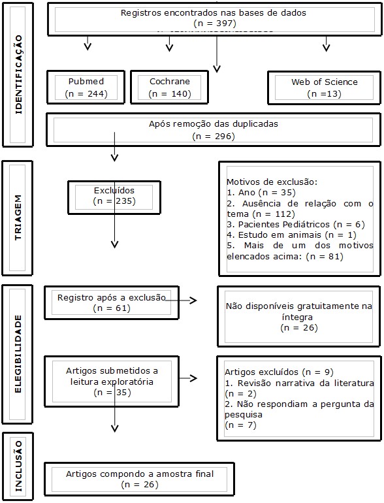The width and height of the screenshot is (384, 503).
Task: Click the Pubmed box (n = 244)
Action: point(86,88)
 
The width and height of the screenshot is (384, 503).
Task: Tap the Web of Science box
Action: point(324,88)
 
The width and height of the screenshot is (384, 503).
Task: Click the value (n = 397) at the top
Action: point(214,24)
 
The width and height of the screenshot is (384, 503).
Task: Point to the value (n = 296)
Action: point(214,137)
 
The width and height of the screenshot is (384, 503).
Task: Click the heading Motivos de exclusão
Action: point(272,181)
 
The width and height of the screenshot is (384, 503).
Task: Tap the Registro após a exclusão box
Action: point(112,302)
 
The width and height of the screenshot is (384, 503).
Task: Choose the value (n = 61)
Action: point(112,308)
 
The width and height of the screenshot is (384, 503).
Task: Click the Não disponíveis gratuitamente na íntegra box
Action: point(298,317)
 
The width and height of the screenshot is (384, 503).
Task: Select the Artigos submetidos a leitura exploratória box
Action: point(112,381)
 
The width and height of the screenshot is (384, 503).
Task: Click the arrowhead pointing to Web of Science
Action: point(327,47)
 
